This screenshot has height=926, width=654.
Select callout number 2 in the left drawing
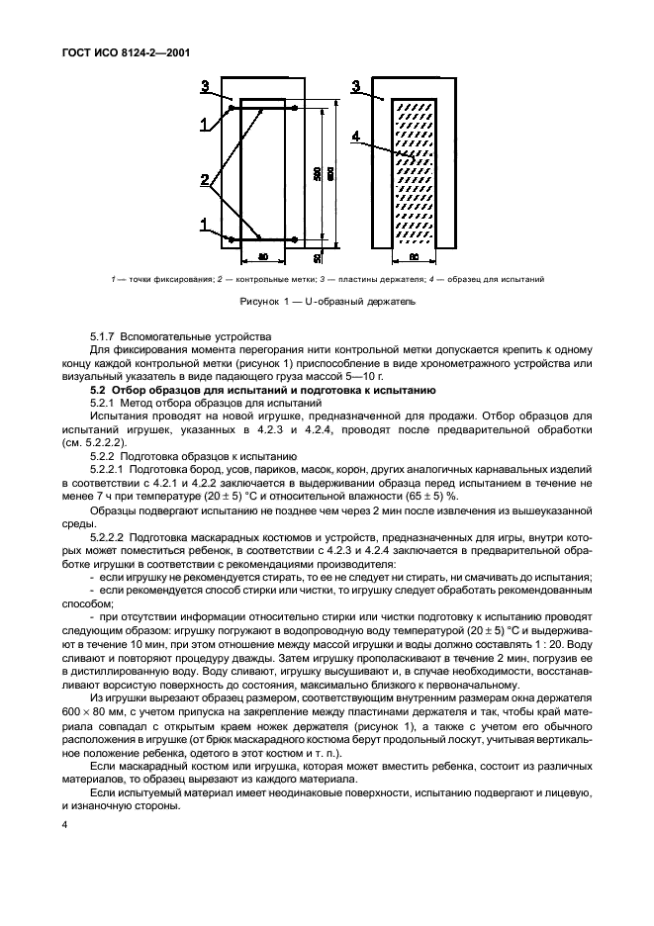(205, 180)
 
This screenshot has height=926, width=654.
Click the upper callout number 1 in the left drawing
(205, 124)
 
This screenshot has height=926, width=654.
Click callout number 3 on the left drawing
(205, 87)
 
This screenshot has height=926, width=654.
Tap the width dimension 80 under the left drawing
(263, 257)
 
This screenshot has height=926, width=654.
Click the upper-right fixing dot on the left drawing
(295, 108)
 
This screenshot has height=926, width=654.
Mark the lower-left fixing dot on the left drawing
(232, 239)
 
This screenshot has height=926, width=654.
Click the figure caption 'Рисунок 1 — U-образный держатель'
(327, 300)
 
